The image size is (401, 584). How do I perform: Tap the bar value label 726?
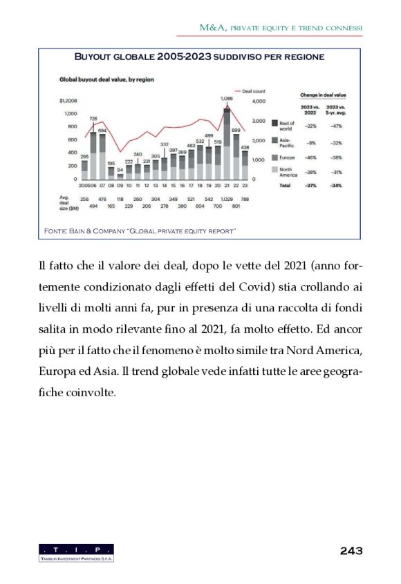pyautogui.click(x=93, y=119)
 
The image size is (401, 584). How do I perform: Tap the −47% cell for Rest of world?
pyautogui.click(x=337, y=126)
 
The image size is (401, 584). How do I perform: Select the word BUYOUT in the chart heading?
pyautogui.click(x=97, y=57)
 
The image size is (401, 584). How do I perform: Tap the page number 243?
pyautogui.click(x=351, y=550)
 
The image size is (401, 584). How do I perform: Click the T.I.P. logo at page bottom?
pyautogui.click(x=76, y=552)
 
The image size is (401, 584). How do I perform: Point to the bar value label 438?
pyautogui.click(x=245, y=147)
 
